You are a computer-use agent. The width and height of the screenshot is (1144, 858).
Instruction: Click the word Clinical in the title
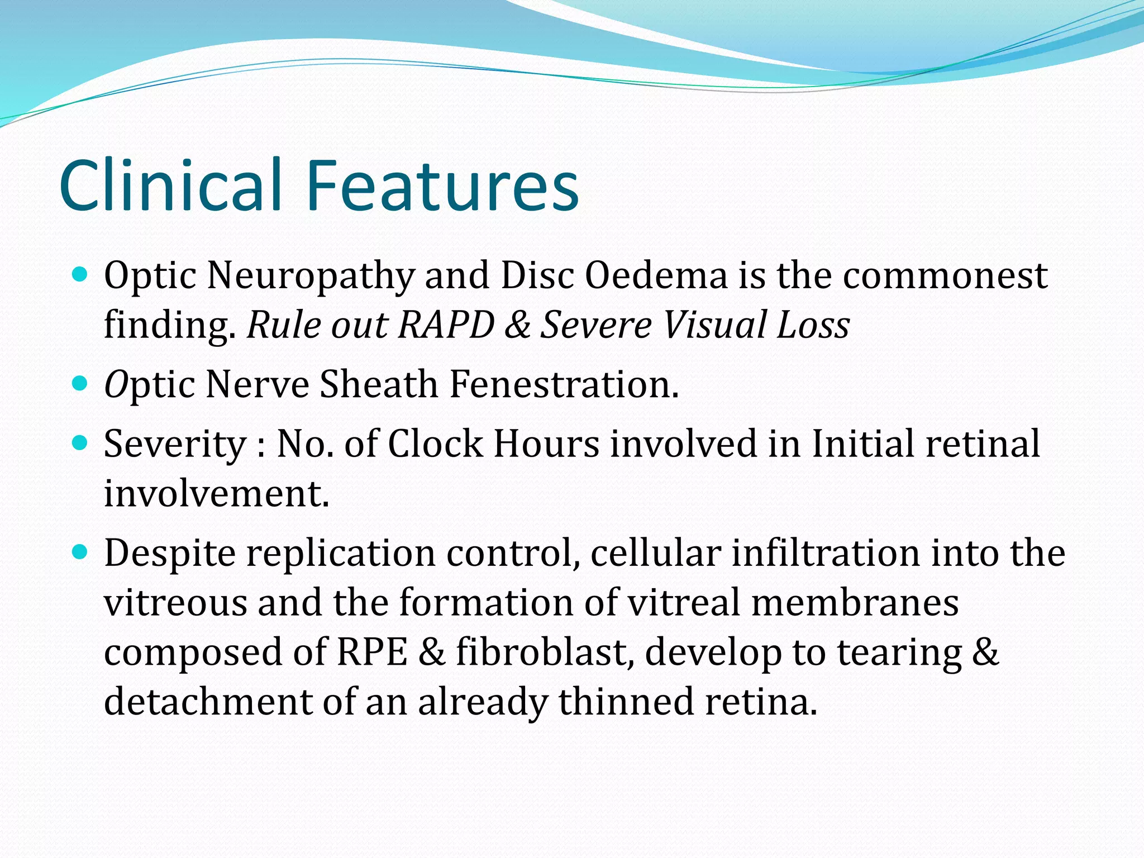(x=170, y=185)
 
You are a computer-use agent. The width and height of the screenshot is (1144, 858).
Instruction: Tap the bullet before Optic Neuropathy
(x=81, y=274)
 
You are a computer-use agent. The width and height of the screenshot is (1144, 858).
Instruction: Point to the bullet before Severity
(x=81, y=443)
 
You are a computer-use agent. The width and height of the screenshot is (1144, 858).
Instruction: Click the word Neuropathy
(x=311, y=277)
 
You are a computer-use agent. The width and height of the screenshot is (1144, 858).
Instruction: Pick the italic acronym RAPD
(x=446, y=325)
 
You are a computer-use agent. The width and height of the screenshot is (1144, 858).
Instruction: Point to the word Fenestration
(x=564, y=385)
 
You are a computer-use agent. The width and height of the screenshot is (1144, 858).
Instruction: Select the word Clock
(x=435, y=444)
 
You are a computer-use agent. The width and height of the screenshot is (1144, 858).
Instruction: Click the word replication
(x=341, y=554)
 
